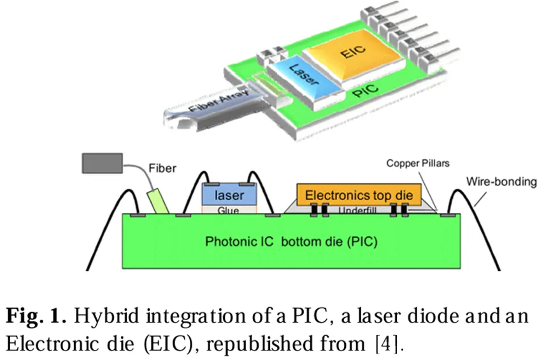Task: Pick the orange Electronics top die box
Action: pyautogui.click(x=359, y=194)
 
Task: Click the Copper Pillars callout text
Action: pyautogui.click(x=417, y=164)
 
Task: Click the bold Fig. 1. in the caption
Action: pyautogui.click(x=36, y=315)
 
